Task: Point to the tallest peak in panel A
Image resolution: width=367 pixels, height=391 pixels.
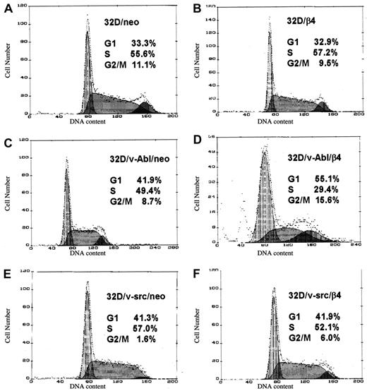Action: click(88, 21)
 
